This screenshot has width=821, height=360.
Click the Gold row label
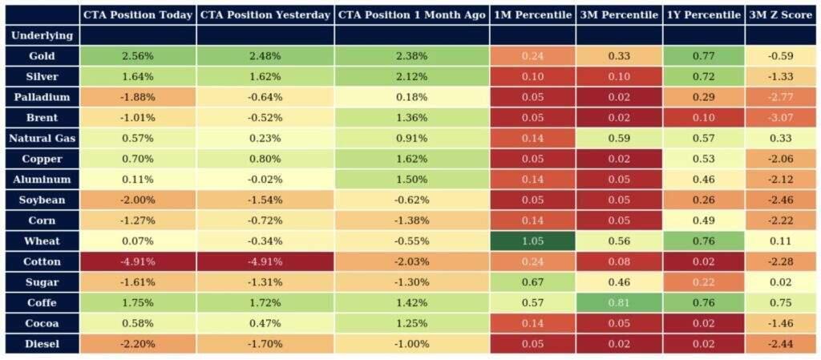click(42, 56)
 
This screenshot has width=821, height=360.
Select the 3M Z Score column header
click(780, 15)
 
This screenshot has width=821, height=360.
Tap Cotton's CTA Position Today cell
click(137, 261)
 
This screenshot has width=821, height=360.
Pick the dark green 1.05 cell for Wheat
click(532, 241)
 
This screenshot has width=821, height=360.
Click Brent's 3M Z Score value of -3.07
click(780, 118)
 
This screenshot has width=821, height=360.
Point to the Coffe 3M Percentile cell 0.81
click(618, 303)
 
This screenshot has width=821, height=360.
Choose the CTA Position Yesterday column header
click(265, 15)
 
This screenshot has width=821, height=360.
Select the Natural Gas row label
click(42, 138)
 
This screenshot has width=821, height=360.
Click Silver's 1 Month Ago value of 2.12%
click(411, 77)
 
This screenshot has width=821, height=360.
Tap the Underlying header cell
click(42, 36)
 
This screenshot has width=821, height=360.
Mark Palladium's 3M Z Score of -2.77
click(780, 97)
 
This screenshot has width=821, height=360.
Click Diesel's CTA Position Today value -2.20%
click(137, 344)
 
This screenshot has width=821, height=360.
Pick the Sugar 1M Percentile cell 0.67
click(532, 282)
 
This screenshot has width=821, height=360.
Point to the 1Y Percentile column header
click(703, 15)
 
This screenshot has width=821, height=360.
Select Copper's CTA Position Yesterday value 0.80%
click(265, 159)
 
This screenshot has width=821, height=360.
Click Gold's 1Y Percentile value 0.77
click(703, 56)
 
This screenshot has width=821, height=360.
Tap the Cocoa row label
click(42, 323)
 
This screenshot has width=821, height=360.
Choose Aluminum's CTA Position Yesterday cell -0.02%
click(265, 180)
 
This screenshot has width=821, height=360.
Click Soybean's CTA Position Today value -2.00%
click(137, 200)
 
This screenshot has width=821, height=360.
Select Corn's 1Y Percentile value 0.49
click(703, 220)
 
